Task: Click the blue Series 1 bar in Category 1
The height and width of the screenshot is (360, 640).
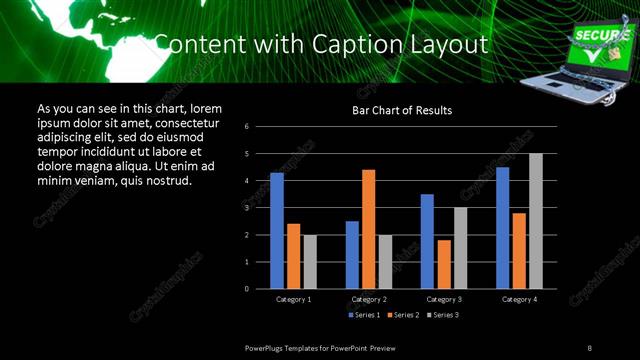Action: coord(277,231)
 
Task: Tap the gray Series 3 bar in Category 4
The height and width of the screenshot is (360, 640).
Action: coord(536,221)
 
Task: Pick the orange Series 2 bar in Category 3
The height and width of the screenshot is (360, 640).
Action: coord(444,264)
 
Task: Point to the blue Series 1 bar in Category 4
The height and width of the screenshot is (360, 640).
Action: coord(502,228)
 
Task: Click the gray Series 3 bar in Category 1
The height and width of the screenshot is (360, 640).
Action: coord(310,262)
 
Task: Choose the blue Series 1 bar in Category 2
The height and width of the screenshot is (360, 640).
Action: coord(352,255)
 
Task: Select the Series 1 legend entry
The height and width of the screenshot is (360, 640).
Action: coord(364,315)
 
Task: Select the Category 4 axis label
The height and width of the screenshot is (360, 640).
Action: coord(519,299)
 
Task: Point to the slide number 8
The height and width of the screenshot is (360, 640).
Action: coord(590,346)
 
